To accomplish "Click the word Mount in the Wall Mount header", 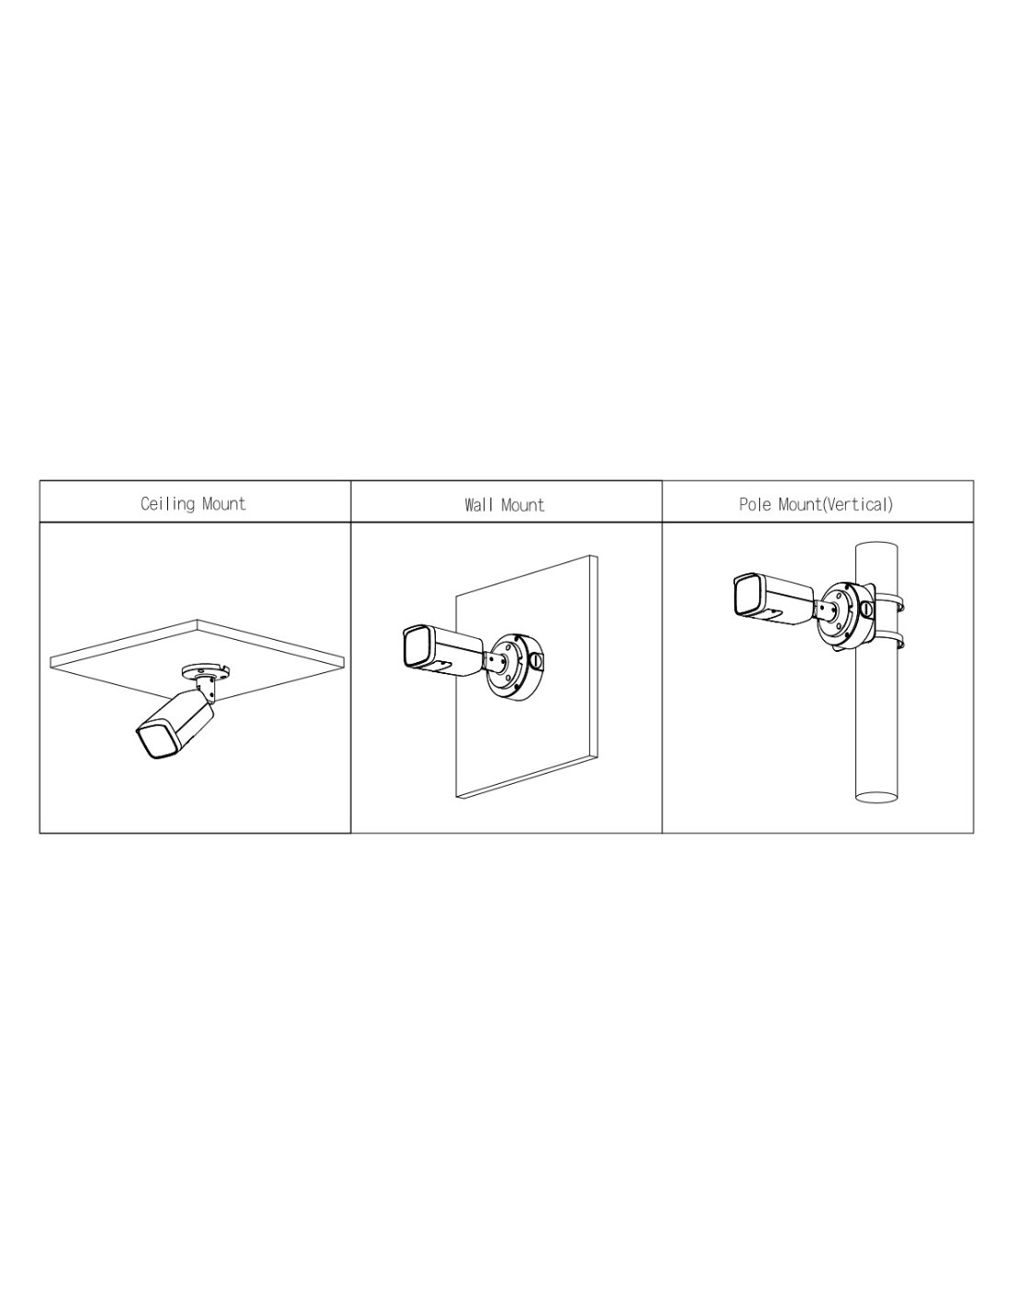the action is [522, 505].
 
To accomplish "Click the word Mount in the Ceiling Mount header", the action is [224, 504].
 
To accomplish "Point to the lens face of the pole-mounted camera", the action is [746, 595].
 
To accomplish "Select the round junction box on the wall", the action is [514, 667].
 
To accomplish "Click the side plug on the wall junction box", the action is [537, 662].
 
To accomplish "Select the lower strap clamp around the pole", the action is [889, 640].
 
